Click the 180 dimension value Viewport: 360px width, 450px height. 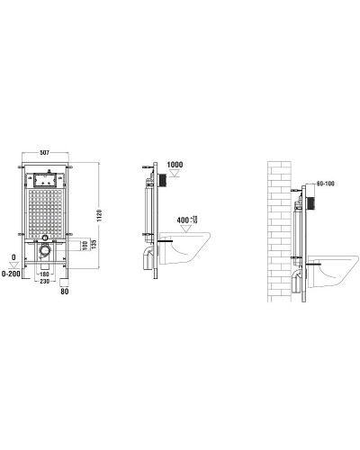tap(42, 274)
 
